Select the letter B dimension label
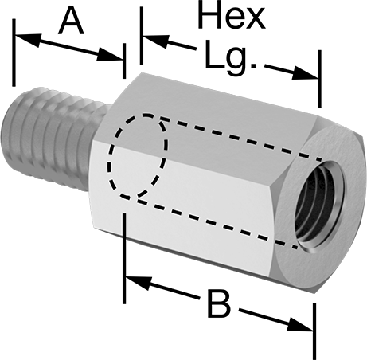pos(219,304)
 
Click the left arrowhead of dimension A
pos(28,39)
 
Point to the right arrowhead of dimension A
pos(110,55)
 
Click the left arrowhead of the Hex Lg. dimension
pos(156,41)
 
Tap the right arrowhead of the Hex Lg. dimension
pos(305,73)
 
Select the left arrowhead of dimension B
pos(139,283)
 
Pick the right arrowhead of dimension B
pos(300,324)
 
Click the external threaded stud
pos(53,138)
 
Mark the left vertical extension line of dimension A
pos(14,53)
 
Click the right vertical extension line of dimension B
pos(314,331)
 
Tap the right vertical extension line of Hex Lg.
pos(319,79)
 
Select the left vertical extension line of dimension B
pos(124,258)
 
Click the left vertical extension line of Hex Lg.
pos(142,36)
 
